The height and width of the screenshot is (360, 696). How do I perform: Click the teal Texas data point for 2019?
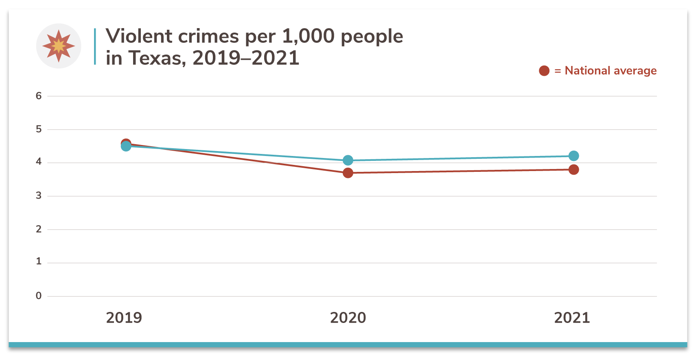click(126, 146)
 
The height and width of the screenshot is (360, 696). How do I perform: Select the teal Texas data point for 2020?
click(348, 160)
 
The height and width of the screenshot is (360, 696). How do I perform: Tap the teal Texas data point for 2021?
click(573, 156)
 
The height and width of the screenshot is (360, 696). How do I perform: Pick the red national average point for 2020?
click(348, 173)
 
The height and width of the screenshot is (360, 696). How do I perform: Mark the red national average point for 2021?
click(573, 170)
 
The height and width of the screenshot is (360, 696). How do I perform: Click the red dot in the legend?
click(544, 71)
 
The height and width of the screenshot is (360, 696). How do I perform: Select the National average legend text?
click(611, 71)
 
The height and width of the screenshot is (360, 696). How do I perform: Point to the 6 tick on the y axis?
click(39, 96)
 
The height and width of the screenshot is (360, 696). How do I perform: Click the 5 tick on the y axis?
click(39, 130)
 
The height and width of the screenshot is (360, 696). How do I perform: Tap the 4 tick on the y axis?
click(39, 162)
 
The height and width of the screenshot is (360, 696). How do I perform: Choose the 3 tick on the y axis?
click(39, 196)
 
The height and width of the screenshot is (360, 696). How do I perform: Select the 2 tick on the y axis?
click(39, 229)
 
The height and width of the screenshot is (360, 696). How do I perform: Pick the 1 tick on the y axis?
click(39, 261)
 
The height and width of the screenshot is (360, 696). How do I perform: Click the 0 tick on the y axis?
click(39, 296)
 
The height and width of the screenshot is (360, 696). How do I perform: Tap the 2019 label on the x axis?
click(124, 318)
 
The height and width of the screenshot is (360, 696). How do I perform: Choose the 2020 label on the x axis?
click(348, 318)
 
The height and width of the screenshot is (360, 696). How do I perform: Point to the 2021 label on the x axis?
click(572, 318)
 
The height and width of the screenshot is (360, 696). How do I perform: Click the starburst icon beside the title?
click(59, 46)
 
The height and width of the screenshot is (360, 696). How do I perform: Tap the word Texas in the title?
click(155, 58)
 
